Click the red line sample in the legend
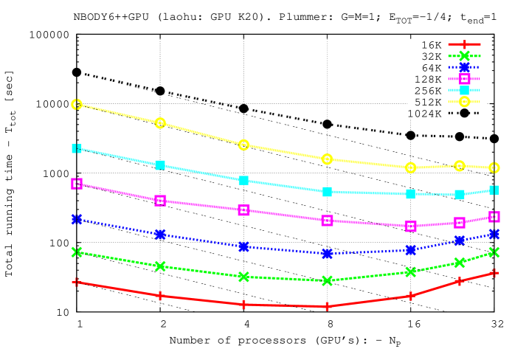pyautogui.click(x=464, y=44)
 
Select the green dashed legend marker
pyautogui.click(x=464, y=55)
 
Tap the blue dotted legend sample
pyautogui.click(x=464, y=67)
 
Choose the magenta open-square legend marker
pyautogui.click(x=464, y=79)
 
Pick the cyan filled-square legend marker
pyautogui.click(x=464, y=90)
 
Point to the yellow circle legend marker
pyautogui.click(x=464, y=102)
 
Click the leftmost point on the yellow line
pyautogui.click(x=77, y=105)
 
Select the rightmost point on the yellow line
pyautogui.click(x=494, y=167)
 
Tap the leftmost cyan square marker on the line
pyautogui.click(x=77, y=148)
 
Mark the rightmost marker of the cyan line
pyautogui.click(x=494, y=190)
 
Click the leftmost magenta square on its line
pyautogui.click(x=77, y=184)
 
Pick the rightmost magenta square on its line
pyautogui.click(x=494, y=216)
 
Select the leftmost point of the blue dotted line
pyautogui.click(x=77, y=219)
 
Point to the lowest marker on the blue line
pyautogui.click(x=327, y=254)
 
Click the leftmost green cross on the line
pyautogui.click(x=77, y=252)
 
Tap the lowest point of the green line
pyautogui.click(x=327, y=280)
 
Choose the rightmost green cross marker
pyautogui.click(x=494, y=252)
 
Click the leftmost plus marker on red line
pyautogui.click(x=77, y=282)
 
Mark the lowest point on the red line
pyautogui.click(x=327, y=306)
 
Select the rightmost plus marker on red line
pyautogui.click(x=494, y=273)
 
